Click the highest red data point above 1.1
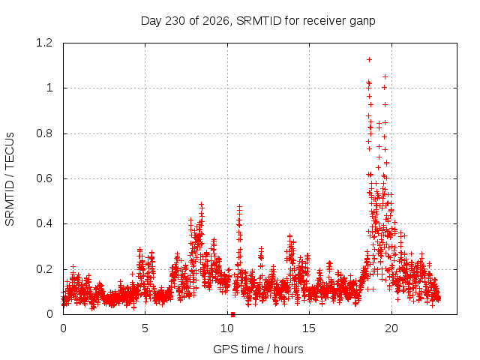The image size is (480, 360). pos(370,59)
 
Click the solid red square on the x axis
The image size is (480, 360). pos(232,314)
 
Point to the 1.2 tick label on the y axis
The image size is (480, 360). pos(44,43)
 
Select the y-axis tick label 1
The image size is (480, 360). pos(49,88)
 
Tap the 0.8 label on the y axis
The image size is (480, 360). pos(44,133)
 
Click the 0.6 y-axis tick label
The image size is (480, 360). pos(44,178)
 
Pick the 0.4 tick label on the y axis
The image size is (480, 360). pos(44,223)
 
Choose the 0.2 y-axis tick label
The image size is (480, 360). pos(44,269)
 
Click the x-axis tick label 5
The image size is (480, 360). pos(145,328)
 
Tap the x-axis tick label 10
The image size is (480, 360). pos(227,328)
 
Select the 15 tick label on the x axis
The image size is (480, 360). pos(309,328)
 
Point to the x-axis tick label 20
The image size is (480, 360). pos(391,328)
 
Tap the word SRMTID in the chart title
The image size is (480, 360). pos(259,21)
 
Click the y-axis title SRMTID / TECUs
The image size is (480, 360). pos(10,178)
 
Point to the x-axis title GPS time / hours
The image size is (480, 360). pos(258,349)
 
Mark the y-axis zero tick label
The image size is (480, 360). pos(49,314)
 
